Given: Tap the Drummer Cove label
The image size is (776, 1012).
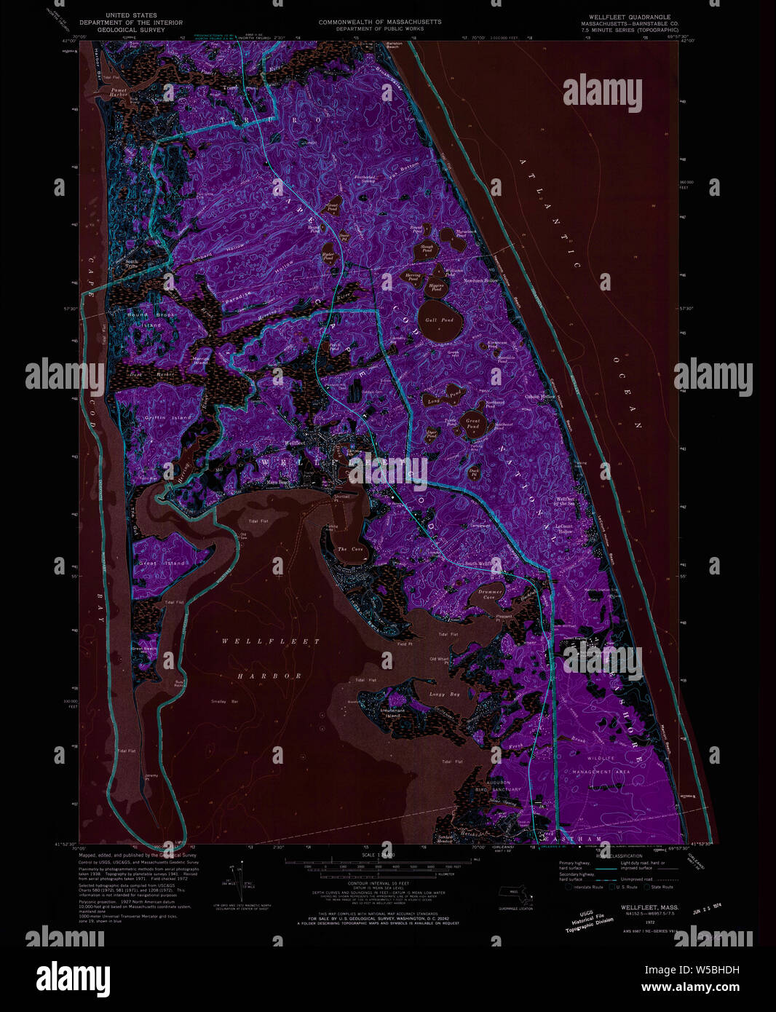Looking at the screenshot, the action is pyautogui.click(x=491, y=593).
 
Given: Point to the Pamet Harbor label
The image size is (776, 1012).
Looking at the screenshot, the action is pyautogui.click(x=118, y=91).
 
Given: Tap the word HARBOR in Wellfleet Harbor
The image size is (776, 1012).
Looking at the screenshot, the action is pyautogui.click(x=269, y=676).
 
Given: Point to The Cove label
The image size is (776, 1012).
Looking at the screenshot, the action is pyautogui.click(x=351, y=549).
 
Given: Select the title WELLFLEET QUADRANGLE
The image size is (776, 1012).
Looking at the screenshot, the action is pyautogui.click(x=626, y=17).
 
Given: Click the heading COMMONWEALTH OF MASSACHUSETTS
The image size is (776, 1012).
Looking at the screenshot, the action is pyautogui.click(x=379, y=22).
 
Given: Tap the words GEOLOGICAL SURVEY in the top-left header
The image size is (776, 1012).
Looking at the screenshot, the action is pyautogui.click(x=131, y=30).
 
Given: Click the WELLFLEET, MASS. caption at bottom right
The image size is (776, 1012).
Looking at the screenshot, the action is pyautogui.click(x=649, y=907).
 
